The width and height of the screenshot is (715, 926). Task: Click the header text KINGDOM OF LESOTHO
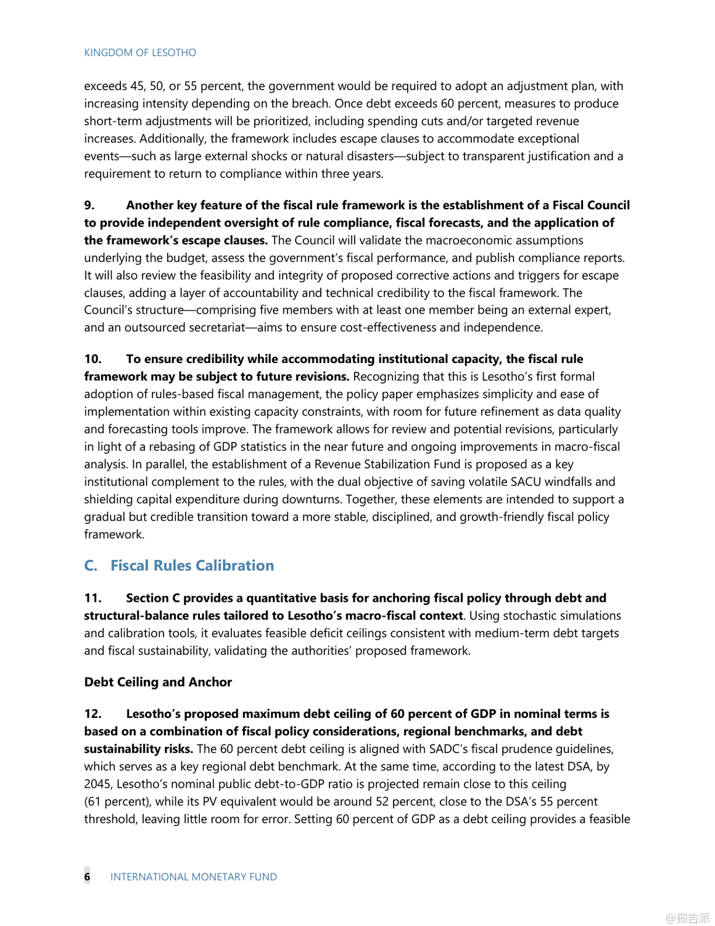pos(140,52)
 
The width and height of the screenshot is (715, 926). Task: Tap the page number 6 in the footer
pos(87,877)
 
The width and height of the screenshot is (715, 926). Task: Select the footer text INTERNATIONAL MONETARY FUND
pos(193,877)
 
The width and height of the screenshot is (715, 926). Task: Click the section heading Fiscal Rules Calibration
pos(192,565)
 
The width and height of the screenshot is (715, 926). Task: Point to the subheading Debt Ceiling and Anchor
pos(158,682)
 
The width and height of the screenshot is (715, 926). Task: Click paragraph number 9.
pos(89,205)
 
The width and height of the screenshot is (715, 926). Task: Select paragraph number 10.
pos(93,359)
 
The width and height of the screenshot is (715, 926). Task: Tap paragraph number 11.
pos(93,598)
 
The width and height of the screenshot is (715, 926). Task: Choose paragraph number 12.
pos(93,714)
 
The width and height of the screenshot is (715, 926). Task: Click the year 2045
pos(99,784)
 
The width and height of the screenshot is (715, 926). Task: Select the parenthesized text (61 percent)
pos(117,801)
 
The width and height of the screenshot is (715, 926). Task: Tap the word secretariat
pos(217,327)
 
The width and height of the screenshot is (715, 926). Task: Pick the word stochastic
pos(531,615)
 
